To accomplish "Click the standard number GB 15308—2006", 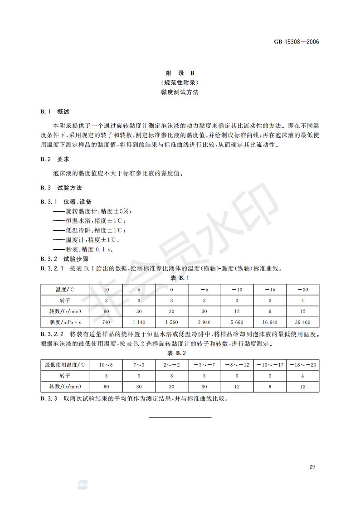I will [x=297, y=42].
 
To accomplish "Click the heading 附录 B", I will [x=180, y=73].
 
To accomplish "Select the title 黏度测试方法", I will [x=180, y=92].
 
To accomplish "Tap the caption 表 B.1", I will [x=180, y=277].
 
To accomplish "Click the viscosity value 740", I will [x=107, y=322].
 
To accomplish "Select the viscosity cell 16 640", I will [x=270, y=322].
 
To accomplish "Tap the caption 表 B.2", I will [x=180, y=353].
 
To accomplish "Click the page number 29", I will [x=311, y=467].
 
